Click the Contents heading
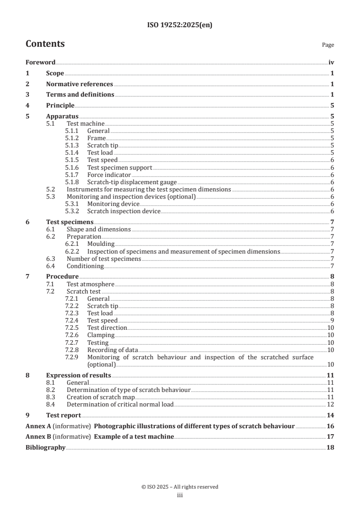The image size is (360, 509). (x=45, y=44)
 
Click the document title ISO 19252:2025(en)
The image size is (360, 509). (x=180, y=25)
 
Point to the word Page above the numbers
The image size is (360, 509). (x=328, y=45)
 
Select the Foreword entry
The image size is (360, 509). (x=40, y=63)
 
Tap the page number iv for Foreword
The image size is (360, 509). (x=331, y=63)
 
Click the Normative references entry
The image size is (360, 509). (x=79, y=84)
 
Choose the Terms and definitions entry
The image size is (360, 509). (x=80, y=94)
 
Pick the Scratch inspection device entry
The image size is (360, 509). (x=123, y=211)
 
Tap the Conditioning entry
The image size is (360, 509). (x=85, y=266)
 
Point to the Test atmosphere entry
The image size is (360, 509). (x=90, y=284)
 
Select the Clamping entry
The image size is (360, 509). (x=101, y=335)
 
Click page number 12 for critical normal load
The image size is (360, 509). (x=331, y=404)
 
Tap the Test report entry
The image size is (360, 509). (x=64, y=415)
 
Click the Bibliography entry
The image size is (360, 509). (x=45, y=448)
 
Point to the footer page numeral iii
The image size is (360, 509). (x=180, y=495)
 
